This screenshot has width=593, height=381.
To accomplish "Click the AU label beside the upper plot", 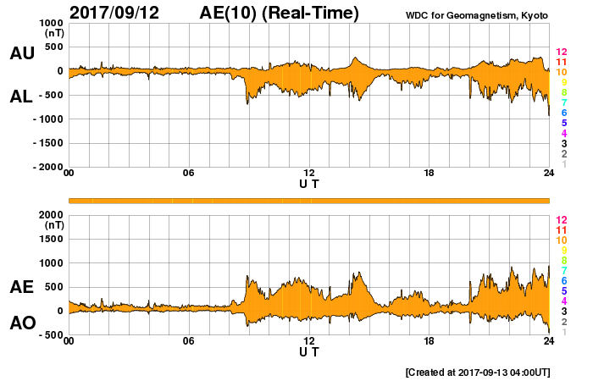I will coord(21,53).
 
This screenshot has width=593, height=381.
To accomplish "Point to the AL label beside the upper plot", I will coord(21,97).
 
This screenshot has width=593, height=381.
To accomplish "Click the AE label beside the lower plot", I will coord(21,287).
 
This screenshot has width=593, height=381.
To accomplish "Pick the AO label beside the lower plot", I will coord(21,323).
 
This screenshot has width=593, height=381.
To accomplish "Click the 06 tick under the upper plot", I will coord(188,174).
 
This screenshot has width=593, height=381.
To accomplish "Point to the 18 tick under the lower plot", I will coord(429,341).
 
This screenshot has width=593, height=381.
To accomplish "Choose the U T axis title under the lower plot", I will coord(309,351).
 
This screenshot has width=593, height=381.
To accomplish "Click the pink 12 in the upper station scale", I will coord(560,52).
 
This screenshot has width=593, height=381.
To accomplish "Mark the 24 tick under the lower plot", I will coord(549,341).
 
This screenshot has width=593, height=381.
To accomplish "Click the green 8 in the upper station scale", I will coord(563,92).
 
